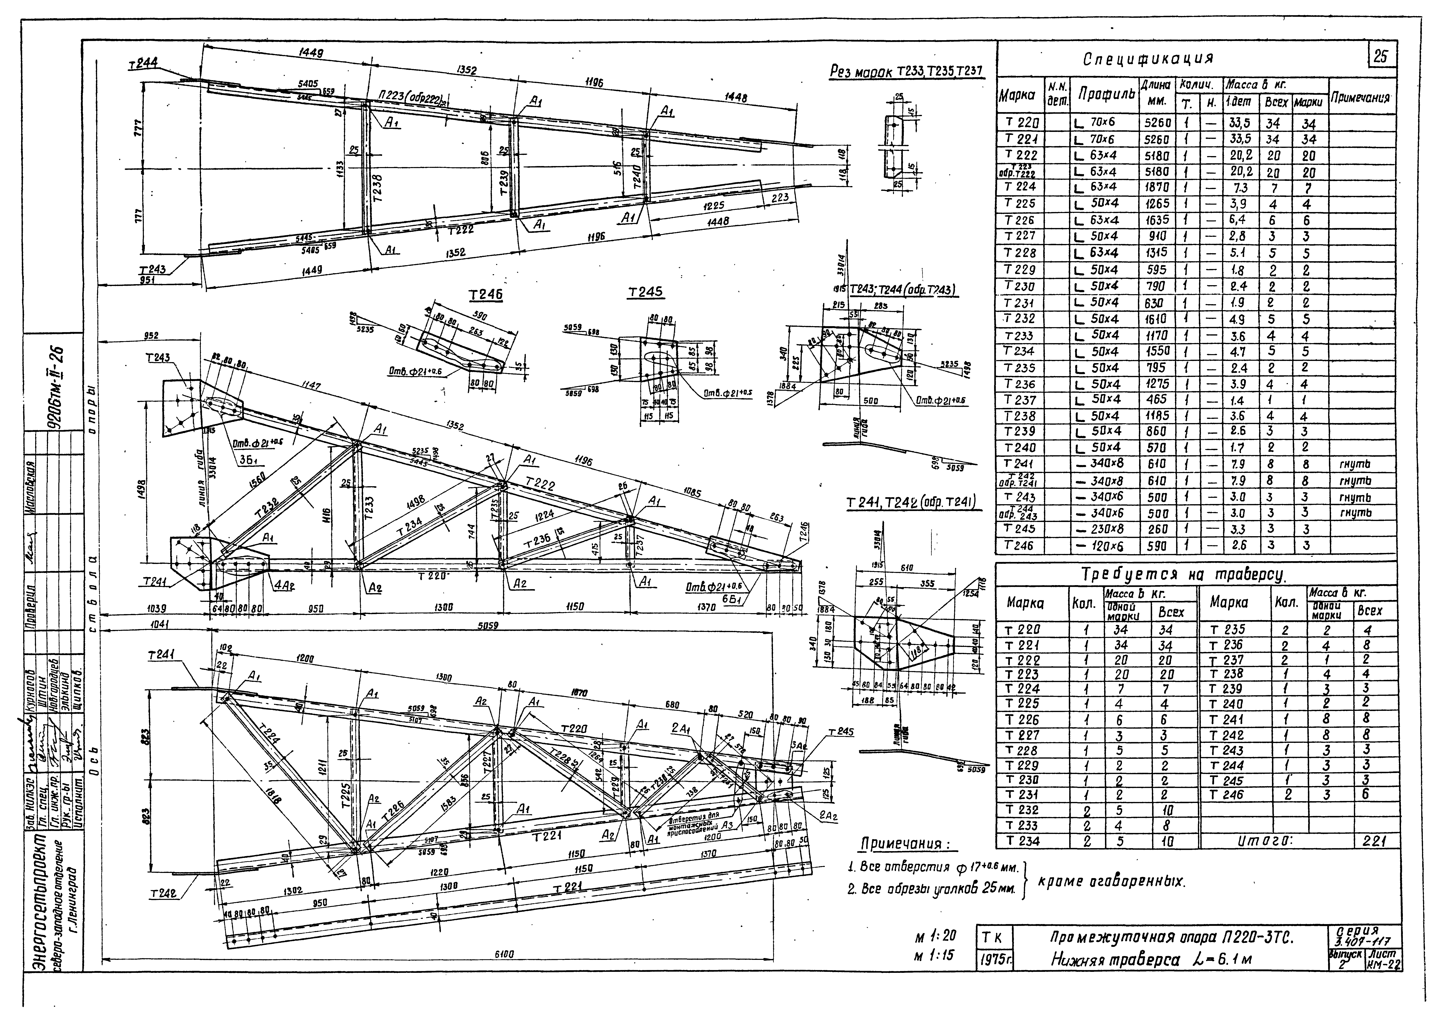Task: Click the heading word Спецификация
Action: [1148, 60]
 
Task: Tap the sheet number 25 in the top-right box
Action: [1380, 57]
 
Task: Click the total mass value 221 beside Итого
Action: [1373, 841]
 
